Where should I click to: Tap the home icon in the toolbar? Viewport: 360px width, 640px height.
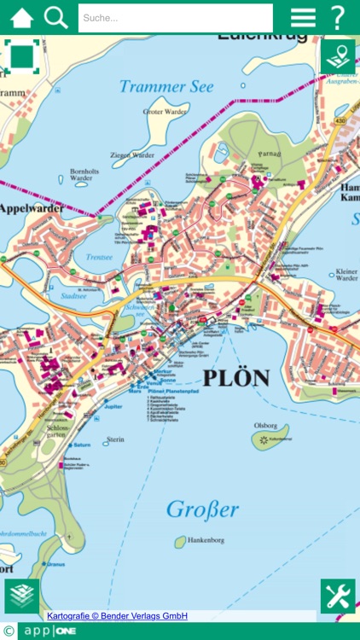point(22,17)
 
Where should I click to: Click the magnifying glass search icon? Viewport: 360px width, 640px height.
point(56,17)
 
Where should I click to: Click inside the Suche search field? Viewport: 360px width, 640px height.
point(175,18)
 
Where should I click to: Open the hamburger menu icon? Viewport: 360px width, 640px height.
point(303,18)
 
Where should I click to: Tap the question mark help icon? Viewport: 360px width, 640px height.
point(339,18)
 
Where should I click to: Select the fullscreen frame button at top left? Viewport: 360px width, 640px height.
point(22,57)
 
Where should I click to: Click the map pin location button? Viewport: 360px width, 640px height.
point(338,57)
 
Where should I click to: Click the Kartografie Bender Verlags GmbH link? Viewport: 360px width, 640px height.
point(117,615)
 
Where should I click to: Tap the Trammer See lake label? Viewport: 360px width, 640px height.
point(166,86)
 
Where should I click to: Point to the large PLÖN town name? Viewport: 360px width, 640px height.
point(236,378)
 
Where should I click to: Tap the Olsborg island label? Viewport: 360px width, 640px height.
point(265,423)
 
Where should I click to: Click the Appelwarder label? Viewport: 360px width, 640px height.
point(31,207)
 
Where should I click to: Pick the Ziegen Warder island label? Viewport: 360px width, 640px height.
point(132,155)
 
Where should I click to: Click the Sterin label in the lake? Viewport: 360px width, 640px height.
point(115,439)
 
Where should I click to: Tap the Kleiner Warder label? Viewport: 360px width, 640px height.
point(346,273)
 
